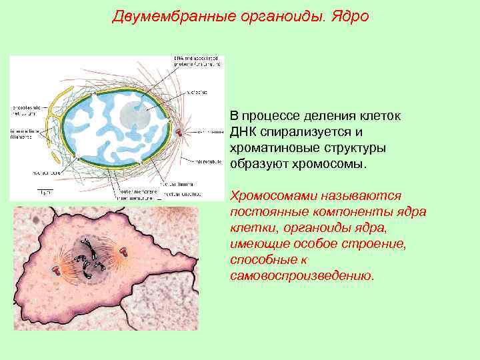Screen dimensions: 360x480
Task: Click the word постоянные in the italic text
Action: click(x=263, y=212)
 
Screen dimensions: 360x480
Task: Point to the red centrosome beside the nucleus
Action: click(x=178, y=132)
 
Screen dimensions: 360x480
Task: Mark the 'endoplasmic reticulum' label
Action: click(x=27, y=109)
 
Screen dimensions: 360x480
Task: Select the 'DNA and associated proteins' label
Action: click(x=197, y=61)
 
